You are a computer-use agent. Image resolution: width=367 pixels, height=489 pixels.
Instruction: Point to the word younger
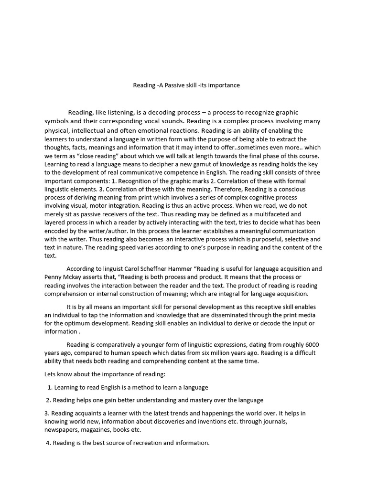point(145,345)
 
